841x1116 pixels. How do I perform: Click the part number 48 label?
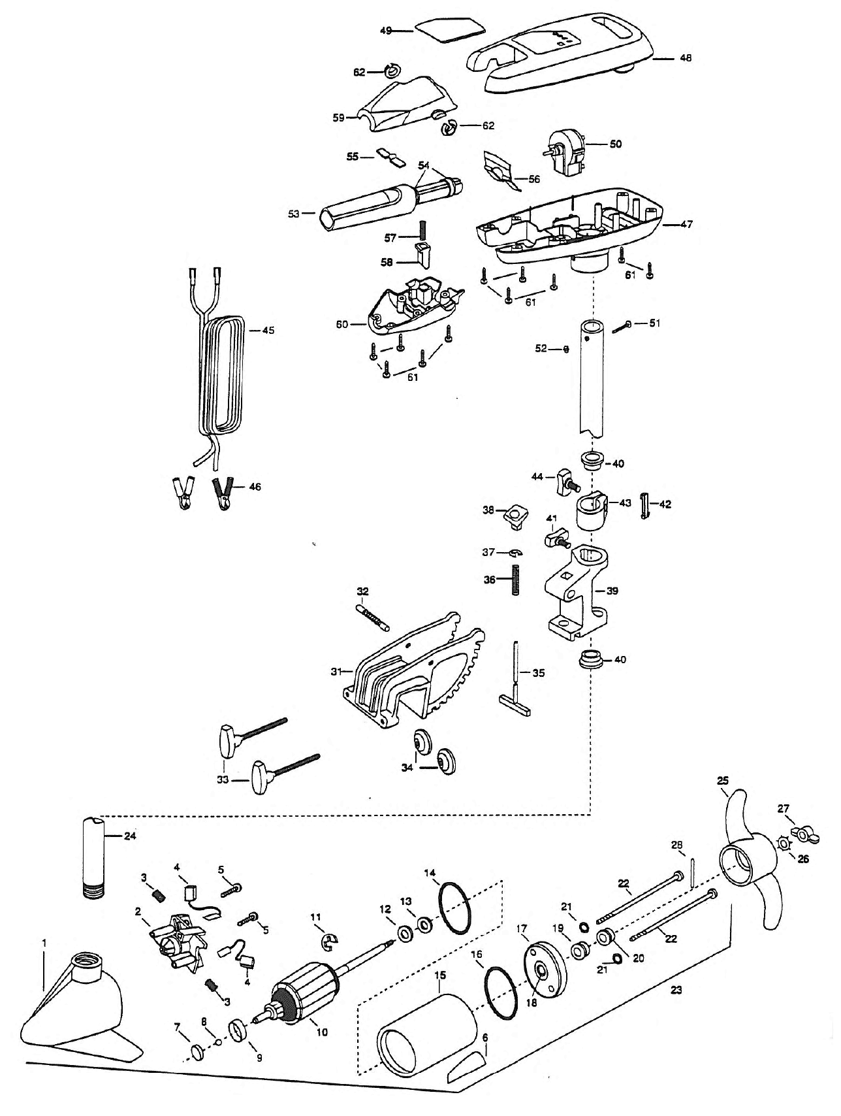pos(685,58)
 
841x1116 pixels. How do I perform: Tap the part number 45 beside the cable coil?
pos(268,330)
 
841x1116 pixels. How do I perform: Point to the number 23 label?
pos(676,990)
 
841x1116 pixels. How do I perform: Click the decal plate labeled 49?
pos(450,29)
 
